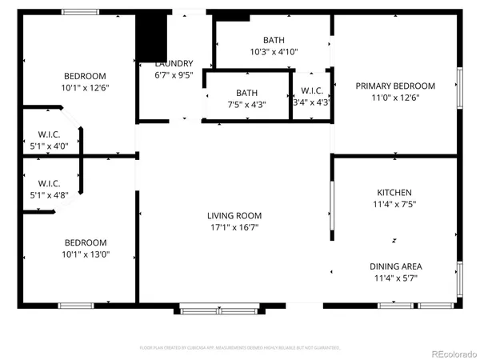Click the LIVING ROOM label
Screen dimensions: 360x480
pos(234,215)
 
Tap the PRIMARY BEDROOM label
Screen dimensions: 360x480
pos(395,86)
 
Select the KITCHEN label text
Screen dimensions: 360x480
pos(394,193)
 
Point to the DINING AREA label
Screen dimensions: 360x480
pos(395,266)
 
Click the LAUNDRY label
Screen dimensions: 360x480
pos(174,64)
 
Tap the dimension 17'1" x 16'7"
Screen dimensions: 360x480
pos(234,227)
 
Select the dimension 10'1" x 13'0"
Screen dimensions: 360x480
pos(86,254)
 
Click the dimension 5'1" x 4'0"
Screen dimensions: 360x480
pos(50,146)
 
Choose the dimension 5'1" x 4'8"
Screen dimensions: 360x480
pos(50,194)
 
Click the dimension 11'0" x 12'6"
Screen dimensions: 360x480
pos(395,98)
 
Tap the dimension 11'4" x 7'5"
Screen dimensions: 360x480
pos(394,204)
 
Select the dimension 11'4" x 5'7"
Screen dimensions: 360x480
pos(395,278)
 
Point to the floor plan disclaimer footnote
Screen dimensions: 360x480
pos(240,348)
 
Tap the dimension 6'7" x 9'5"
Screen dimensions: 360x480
pos(174,76)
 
